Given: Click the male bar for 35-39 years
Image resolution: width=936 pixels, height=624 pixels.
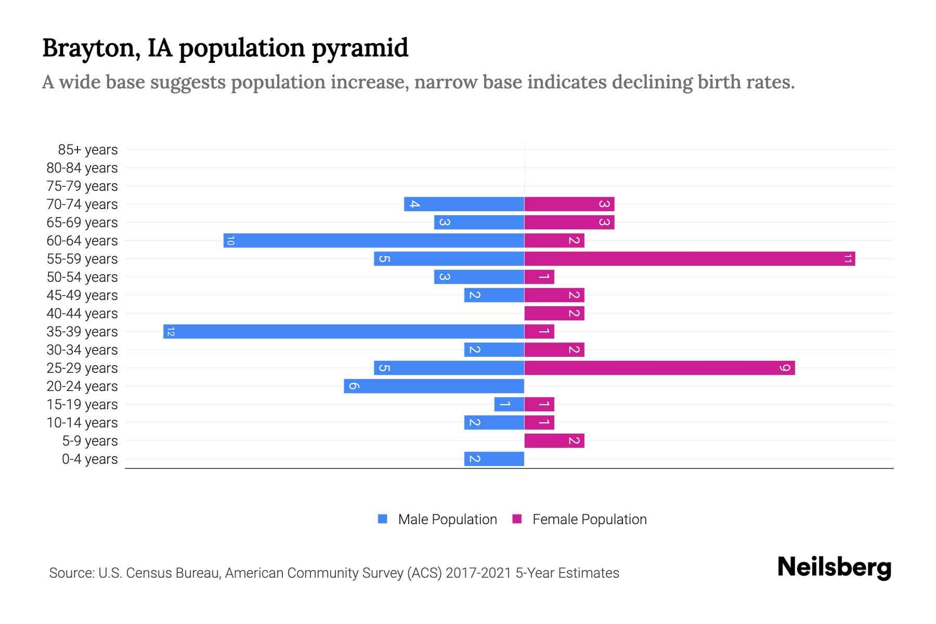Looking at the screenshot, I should coord(343,332).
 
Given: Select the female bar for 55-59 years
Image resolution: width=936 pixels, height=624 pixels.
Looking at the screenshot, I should coord(690,259).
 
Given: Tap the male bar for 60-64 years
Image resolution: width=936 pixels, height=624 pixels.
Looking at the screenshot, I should coord(373,241).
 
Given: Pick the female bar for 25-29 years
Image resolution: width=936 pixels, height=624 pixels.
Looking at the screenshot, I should coord(659,368).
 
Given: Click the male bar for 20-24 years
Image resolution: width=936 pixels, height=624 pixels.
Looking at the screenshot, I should coord(434,386).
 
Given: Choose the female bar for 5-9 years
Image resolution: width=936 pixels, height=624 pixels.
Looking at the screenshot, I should coord(554,441).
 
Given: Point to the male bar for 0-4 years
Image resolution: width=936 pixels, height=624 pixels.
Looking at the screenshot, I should coord(494,459).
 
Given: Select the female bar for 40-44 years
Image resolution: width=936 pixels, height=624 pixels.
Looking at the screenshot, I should coord(554,314).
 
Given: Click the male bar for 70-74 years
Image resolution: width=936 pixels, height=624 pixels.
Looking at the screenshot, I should coord(464,204).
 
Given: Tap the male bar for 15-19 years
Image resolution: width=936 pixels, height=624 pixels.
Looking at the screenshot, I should coord(509,405).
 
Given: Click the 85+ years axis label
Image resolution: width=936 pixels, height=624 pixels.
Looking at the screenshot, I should coord(87,150).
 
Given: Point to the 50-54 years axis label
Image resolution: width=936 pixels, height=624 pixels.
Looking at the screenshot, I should coord(82,277).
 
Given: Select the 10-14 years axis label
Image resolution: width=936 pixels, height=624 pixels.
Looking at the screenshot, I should coord(82,423).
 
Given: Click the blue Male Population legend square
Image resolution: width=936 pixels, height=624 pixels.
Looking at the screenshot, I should coord(383,519).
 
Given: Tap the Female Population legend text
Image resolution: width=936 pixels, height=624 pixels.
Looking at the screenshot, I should coord(589,519).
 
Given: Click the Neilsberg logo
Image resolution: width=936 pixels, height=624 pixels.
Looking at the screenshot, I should coord(834,567).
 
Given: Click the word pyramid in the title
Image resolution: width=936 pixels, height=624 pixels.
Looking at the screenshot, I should coord(360,48).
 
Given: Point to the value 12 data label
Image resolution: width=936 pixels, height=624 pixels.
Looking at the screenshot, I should coord(171,332).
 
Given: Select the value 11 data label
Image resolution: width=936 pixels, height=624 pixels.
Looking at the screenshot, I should coord(848,259).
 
